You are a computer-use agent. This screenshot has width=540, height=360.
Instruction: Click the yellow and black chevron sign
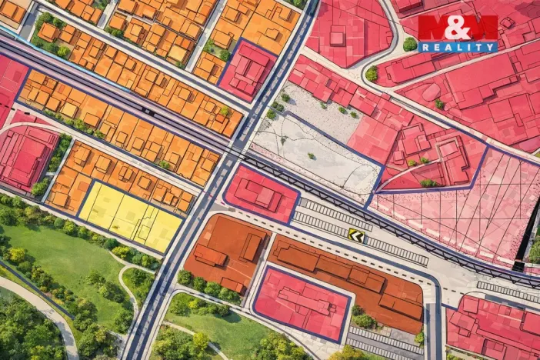(x=355, y=234)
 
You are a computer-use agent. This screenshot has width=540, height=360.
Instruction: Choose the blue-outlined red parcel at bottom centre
(x=302, y=302)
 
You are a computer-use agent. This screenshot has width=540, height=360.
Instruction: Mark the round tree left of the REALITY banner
(x=410, y=45)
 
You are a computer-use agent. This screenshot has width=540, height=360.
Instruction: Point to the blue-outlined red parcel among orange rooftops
(x=247, y=69)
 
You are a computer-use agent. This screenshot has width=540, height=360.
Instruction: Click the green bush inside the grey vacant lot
(x=312, y=155)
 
